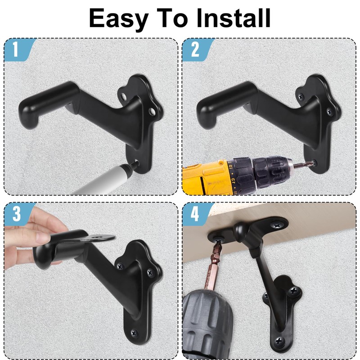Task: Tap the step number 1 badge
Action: point(16,49)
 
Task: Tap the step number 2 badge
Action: point(194,49)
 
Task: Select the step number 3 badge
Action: point(16,214)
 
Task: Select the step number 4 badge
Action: point(194,214)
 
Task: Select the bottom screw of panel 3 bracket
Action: point(134,333)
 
